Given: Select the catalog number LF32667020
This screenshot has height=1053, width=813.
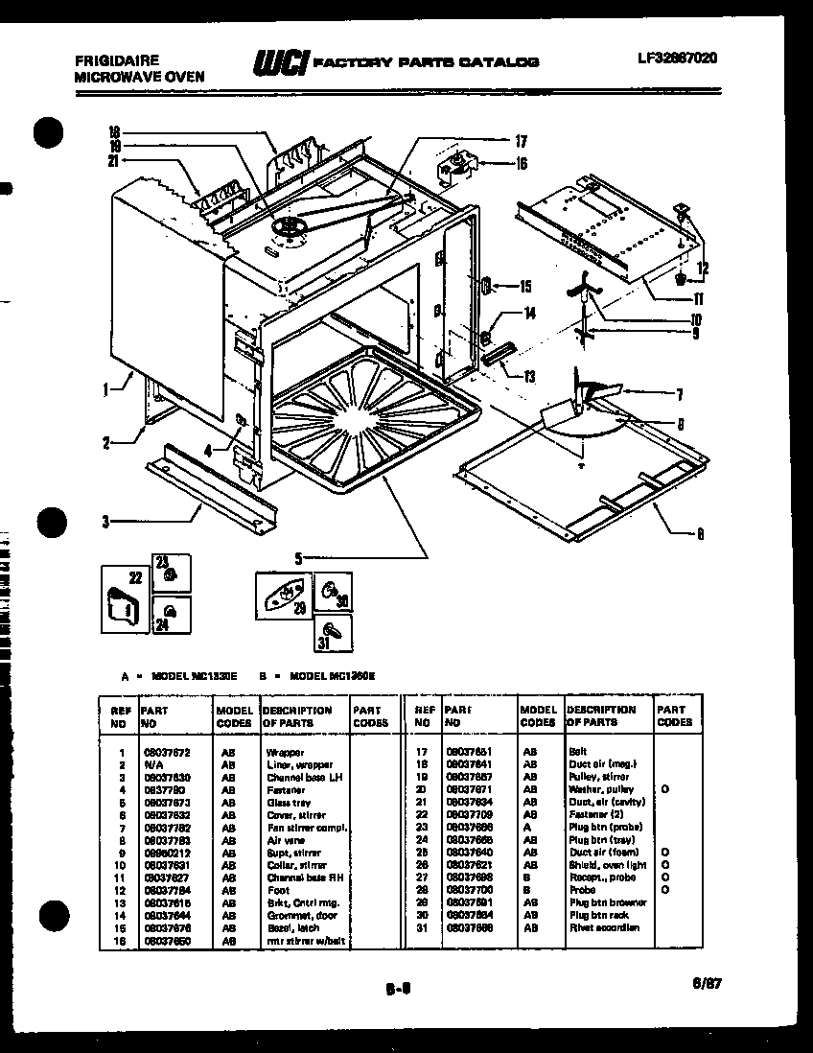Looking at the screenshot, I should [677, 58].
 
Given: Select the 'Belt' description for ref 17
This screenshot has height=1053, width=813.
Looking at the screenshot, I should [577, 752].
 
